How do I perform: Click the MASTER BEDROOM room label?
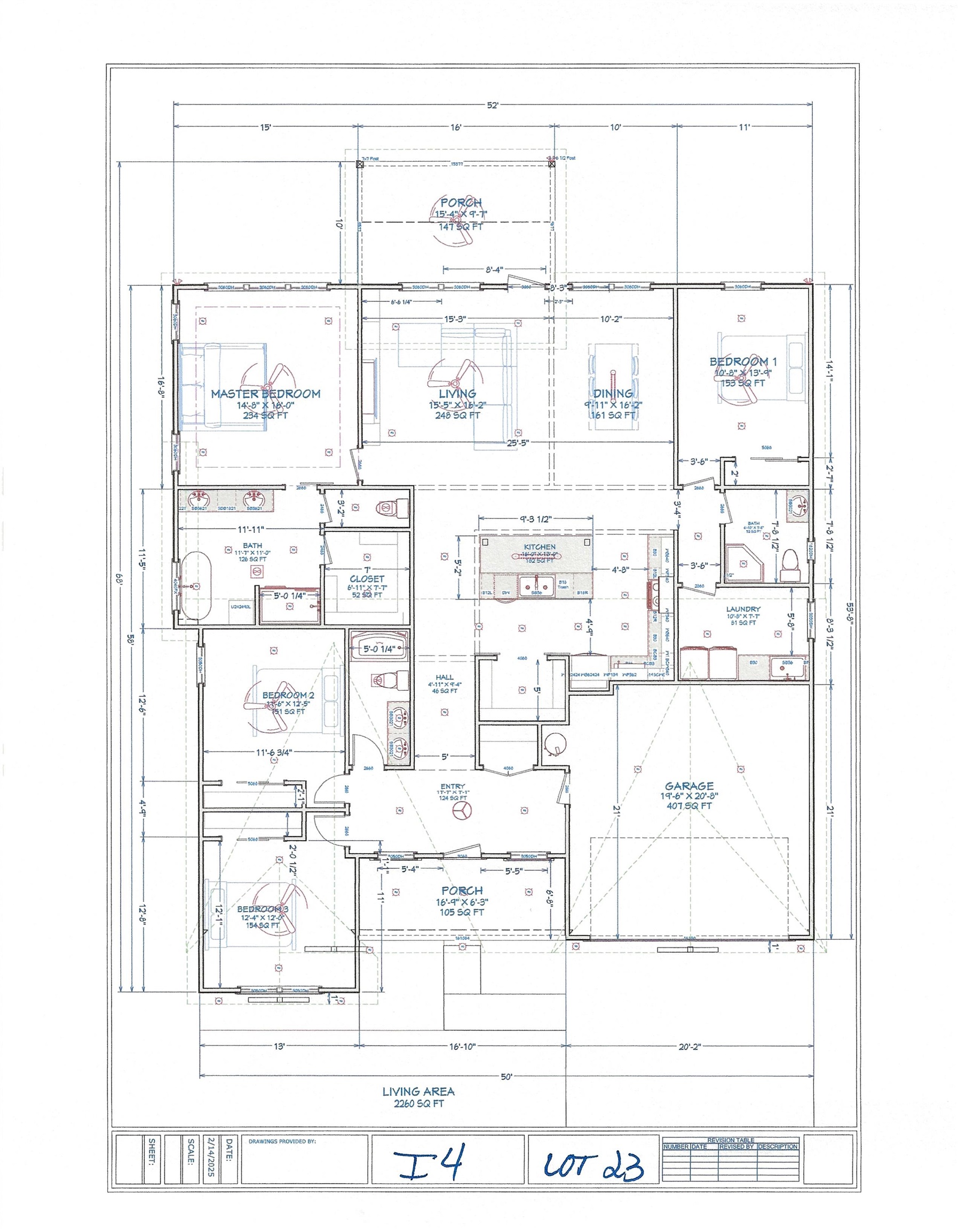(266, 394)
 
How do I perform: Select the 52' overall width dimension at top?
(493, 105)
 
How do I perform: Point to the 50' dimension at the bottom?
(506, 1077)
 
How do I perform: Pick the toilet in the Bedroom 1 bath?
(790, 565)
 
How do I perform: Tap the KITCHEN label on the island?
(539, 547)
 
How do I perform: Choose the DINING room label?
(613, 394)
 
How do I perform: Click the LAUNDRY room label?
(743, 609)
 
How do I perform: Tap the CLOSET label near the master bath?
(367, 578)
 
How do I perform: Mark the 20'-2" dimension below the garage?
(690, 1047)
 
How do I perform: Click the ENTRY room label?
(453, 787)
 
